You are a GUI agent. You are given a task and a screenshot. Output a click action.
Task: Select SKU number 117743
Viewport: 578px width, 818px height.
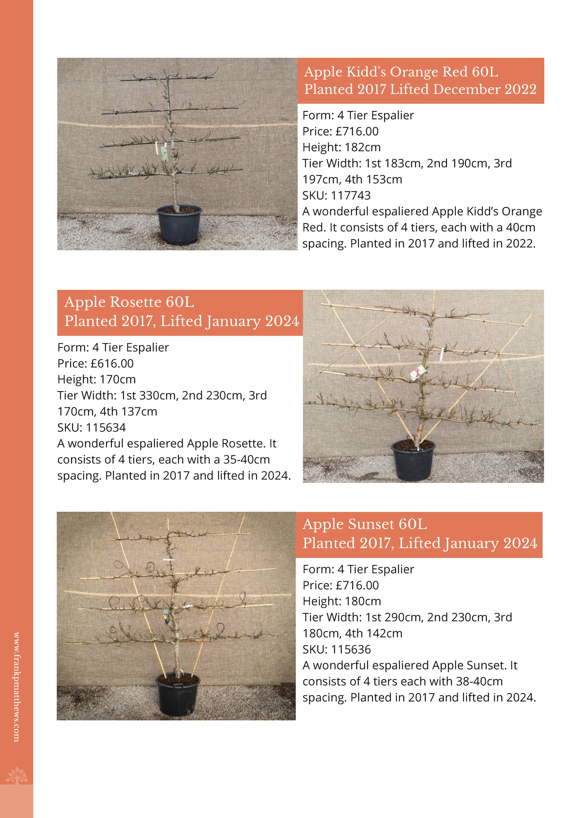[x=351, y=195]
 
